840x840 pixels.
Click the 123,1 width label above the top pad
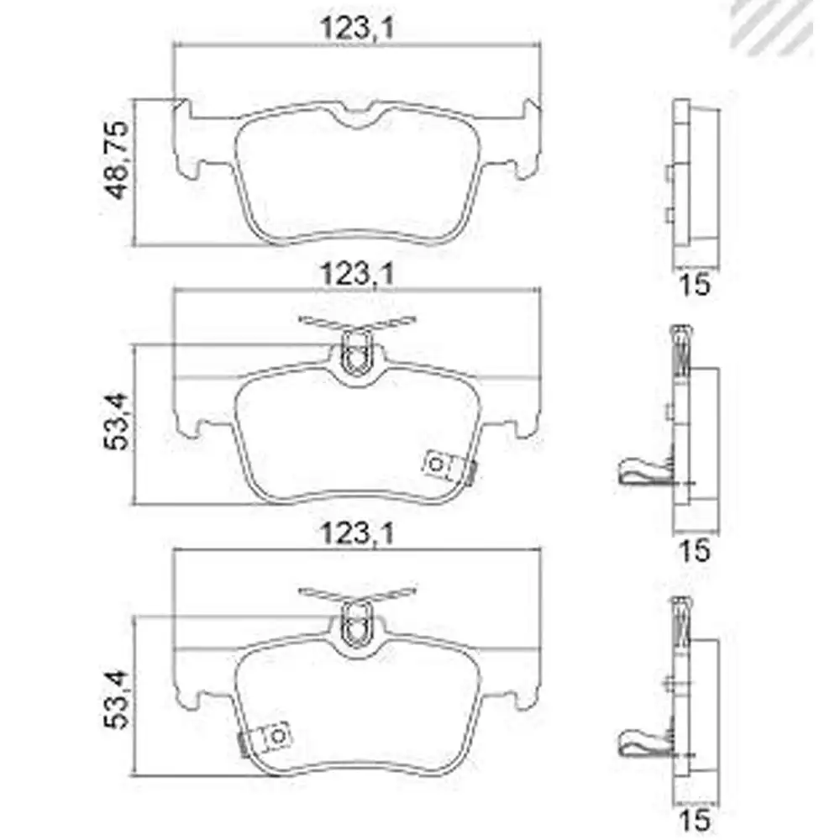click(357, 31)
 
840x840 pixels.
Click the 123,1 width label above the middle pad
click(357, 275)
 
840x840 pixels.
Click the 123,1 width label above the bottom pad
click(357, 535)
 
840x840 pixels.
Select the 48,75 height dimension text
click(116, 160)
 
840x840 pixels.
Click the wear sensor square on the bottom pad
click(277, 735)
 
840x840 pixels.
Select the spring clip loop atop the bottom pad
click(356, 622)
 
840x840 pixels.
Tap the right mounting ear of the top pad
click(527, 139)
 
